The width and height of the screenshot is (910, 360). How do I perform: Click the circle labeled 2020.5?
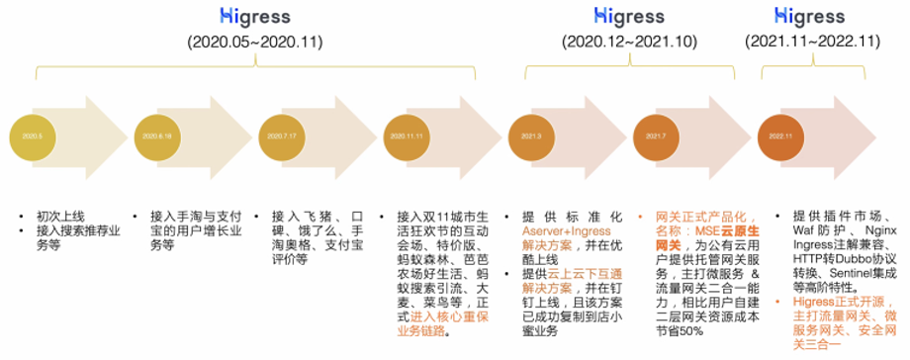[x=32, y=136]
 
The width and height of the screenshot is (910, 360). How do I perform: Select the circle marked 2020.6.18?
[x=158, y=136]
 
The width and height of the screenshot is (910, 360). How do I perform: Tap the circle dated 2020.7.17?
[x=283, y=136]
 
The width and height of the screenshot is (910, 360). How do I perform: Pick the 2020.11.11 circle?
[x=407, y=136]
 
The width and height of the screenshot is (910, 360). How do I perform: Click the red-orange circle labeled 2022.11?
[x=780, y=136]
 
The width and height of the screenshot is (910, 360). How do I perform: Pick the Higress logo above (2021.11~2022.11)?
[x=810, y=15]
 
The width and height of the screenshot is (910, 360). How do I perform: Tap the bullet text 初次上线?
[x=57, y=216]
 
